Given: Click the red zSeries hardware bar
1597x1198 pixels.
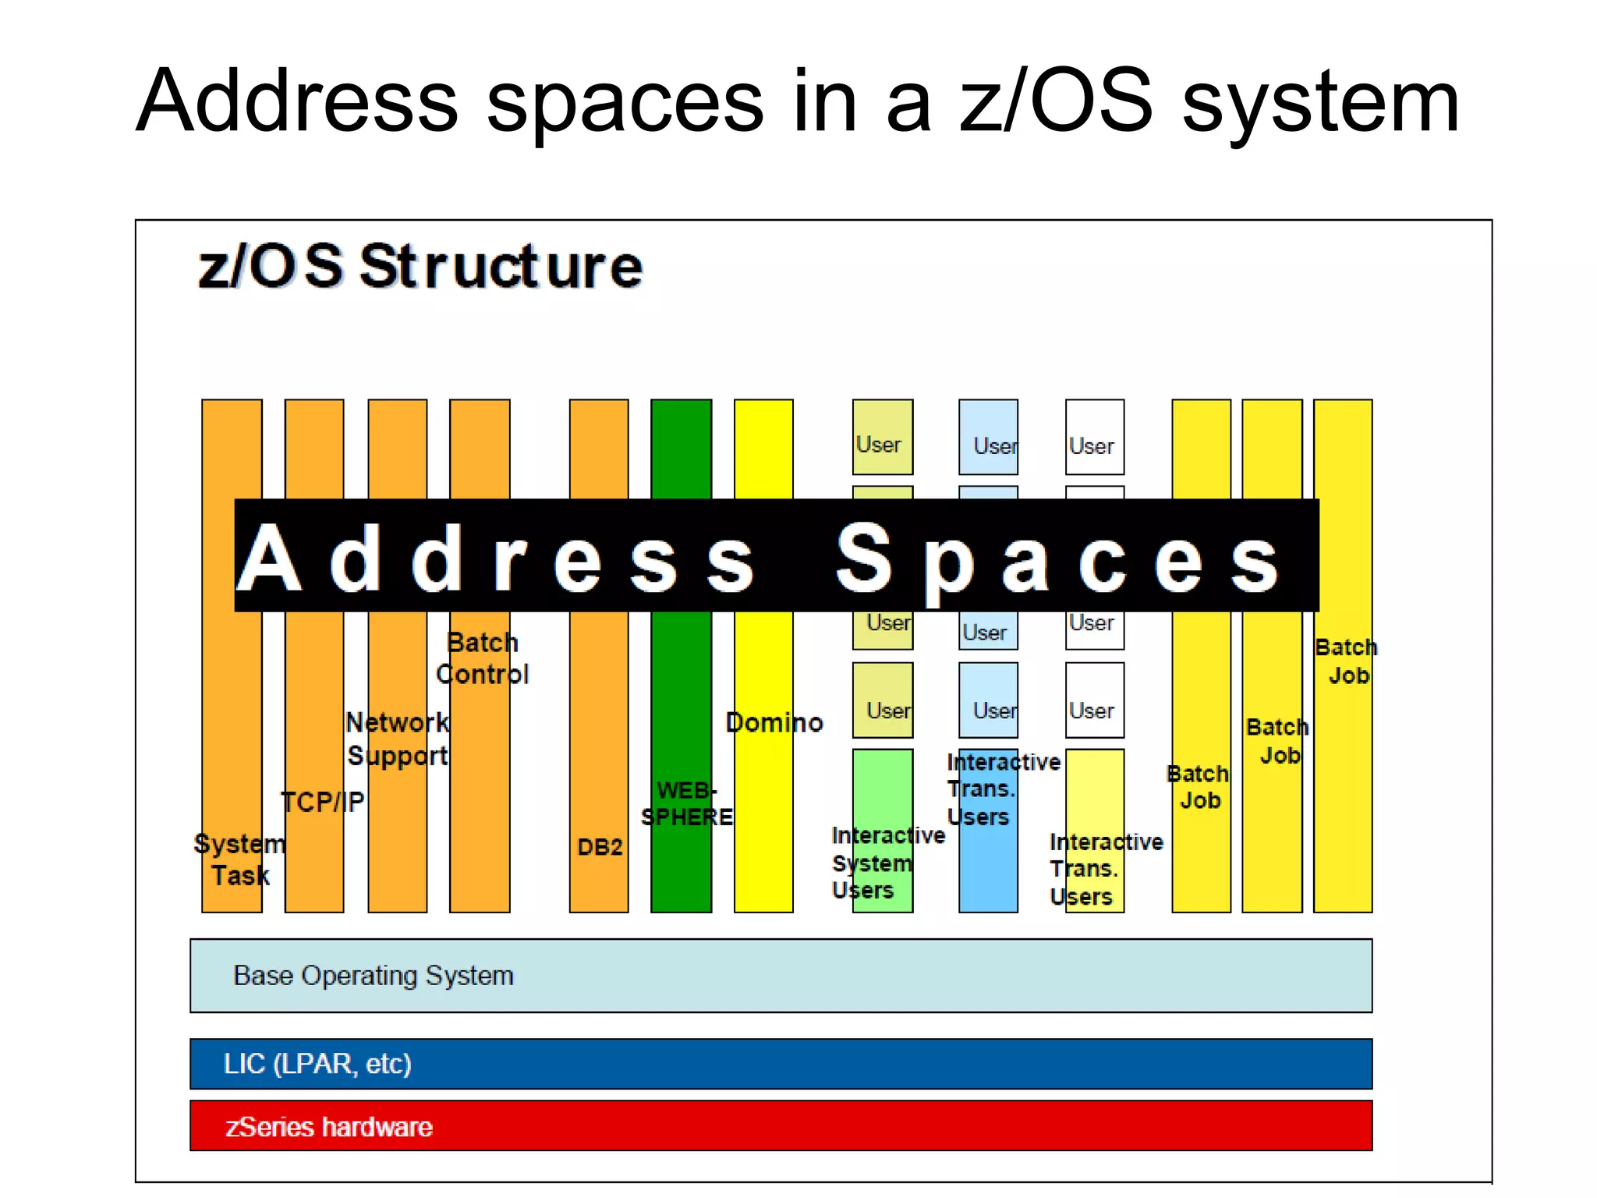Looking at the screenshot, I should [x=780, y=1125].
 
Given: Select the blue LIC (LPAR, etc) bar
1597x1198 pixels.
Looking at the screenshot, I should [x=780, y=1063].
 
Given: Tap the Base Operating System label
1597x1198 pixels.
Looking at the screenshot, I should [x=374, y=976].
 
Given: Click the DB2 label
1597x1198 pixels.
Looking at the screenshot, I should [x=600, y=847].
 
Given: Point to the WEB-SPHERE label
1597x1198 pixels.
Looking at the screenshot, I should [x=686, y=804].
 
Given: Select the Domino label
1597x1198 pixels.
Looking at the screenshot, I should [x=774, y=723].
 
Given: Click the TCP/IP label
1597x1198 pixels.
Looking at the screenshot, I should [x=322, y=802].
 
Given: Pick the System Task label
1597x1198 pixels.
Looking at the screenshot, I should [x=240, y=860].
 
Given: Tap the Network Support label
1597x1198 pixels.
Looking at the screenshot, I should [x=398, y=739].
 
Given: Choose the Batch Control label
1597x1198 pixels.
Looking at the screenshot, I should [x=482, y=658].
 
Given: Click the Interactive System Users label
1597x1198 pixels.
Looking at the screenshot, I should [x=887, y=863].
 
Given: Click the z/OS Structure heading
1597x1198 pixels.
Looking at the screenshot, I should [x=420, y=267].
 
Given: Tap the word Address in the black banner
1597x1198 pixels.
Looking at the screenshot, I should [x=495, y=558].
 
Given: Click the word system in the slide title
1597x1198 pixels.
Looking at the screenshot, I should [x=1320, y=101].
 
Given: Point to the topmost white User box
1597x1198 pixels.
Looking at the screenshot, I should [x=1095, y=438].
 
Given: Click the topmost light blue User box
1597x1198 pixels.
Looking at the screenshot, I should [x=988, y=438].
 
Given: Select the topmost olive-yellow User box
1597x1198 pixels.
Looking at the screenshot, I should [x=882, y=438].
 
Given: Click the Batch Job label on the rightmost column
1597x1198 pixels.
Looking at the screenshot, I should [x=1345, y=661].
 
